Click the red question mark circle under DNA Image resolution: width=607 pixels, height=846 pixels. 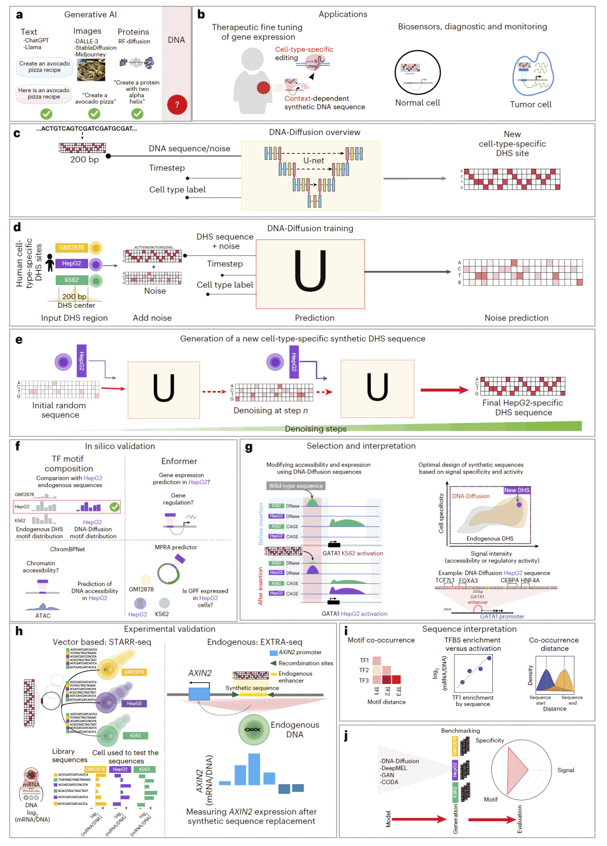point(177,105)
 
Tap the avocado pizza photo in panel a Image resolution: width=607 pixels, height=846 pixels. point(90,70)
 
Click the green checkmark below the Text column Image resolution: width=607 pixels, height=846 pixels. point(46,114)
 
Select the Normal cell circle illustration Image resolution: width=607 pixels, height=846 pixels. point(418,73)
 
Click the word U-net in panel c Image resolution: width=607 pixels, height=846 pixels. point(314,160)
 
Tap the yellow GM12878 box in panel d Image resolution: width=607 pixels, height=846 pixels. point(72,247)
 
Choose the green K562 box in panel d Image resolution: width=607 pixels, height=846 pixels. point(71,280)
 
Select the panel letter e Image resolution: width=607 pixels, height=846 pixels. point(19,340)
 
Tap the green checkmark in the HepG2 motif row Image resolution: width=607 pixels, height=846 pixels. point(115,507)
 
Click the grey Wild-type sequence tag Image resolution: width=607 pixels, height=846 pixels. point(296,485)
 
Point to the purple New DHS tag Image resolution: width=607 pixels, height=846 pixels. point(517,490)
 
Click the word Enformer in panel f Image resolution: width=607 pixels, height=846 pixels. point(179,461)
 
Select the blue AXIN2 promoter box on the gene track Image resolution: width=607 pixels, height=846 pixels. point(199,694)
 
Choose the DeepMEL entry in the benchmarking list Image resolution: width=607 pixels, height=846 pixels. point(394,768)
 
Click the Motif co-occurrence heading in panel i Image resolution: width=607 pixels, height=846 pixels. point(381,640)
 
